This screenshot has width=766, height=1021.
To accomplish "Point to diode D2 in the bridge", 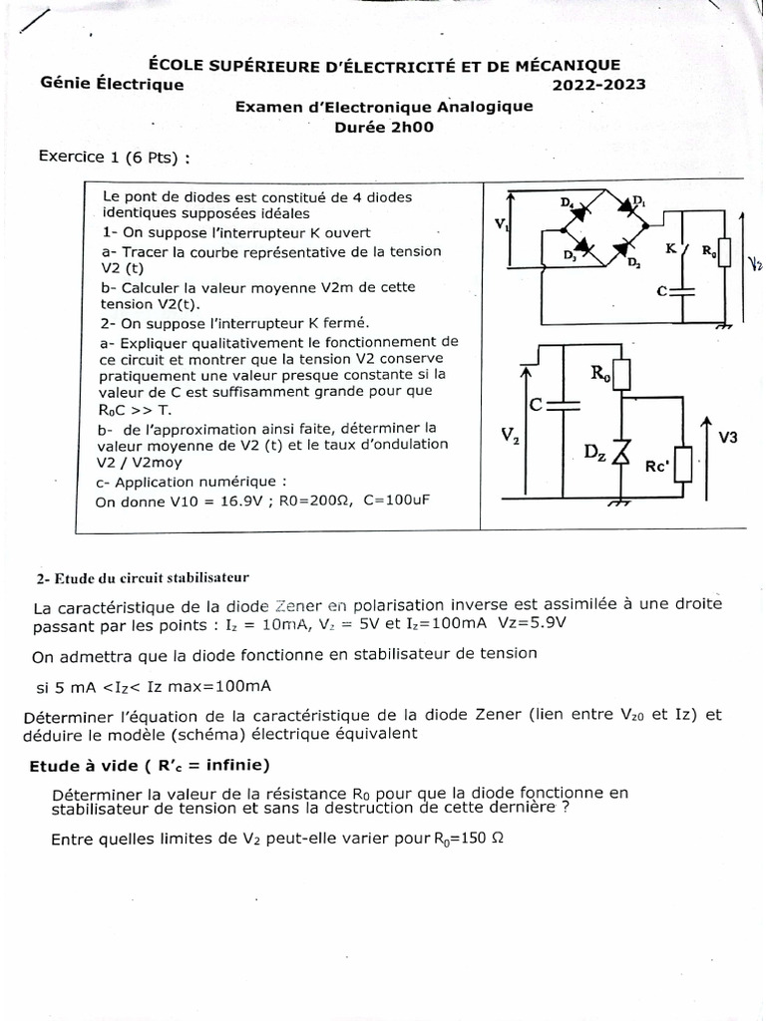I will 625,246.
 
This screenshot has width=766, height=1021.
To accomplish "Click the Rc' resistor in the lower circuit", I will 683,465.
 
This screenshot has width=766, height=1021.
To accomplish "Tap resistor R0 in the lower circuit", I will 619,373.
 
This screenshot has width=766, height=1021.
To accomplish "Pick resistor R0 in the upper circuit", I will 723,252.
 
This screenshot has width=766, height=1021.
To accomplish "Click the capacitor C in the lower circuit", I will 564,406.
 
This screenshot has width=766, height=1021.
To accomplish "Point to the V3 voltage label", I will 729,436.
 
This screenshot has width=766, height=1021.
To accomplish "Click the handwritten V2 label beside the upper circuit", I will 753,262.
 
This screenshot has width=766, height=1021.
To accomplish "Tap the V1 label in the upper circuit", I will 501,224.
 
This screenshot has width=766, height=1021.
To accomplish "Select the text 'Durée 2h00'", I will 384,127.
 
